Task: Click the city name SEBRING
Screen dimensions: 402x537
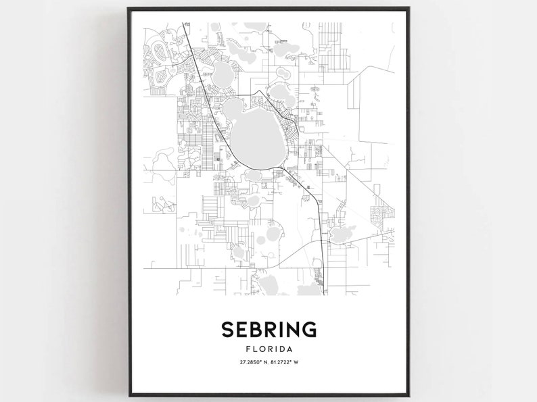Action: pyautogui.click(x=268, y=330)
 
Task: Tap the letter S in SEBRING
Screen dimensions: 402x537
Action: pyautogui.click(x=227, y=330)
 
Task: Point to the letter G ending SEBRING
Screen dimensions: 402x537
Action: pyautogui.click(x=308, y=330)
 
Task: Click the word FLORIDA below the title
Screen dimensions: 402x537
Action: pyautogui.click(x=268, y=349)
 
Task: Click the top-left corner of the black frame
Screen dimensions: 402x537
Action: pyautogui.click(x=128, y=8)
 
